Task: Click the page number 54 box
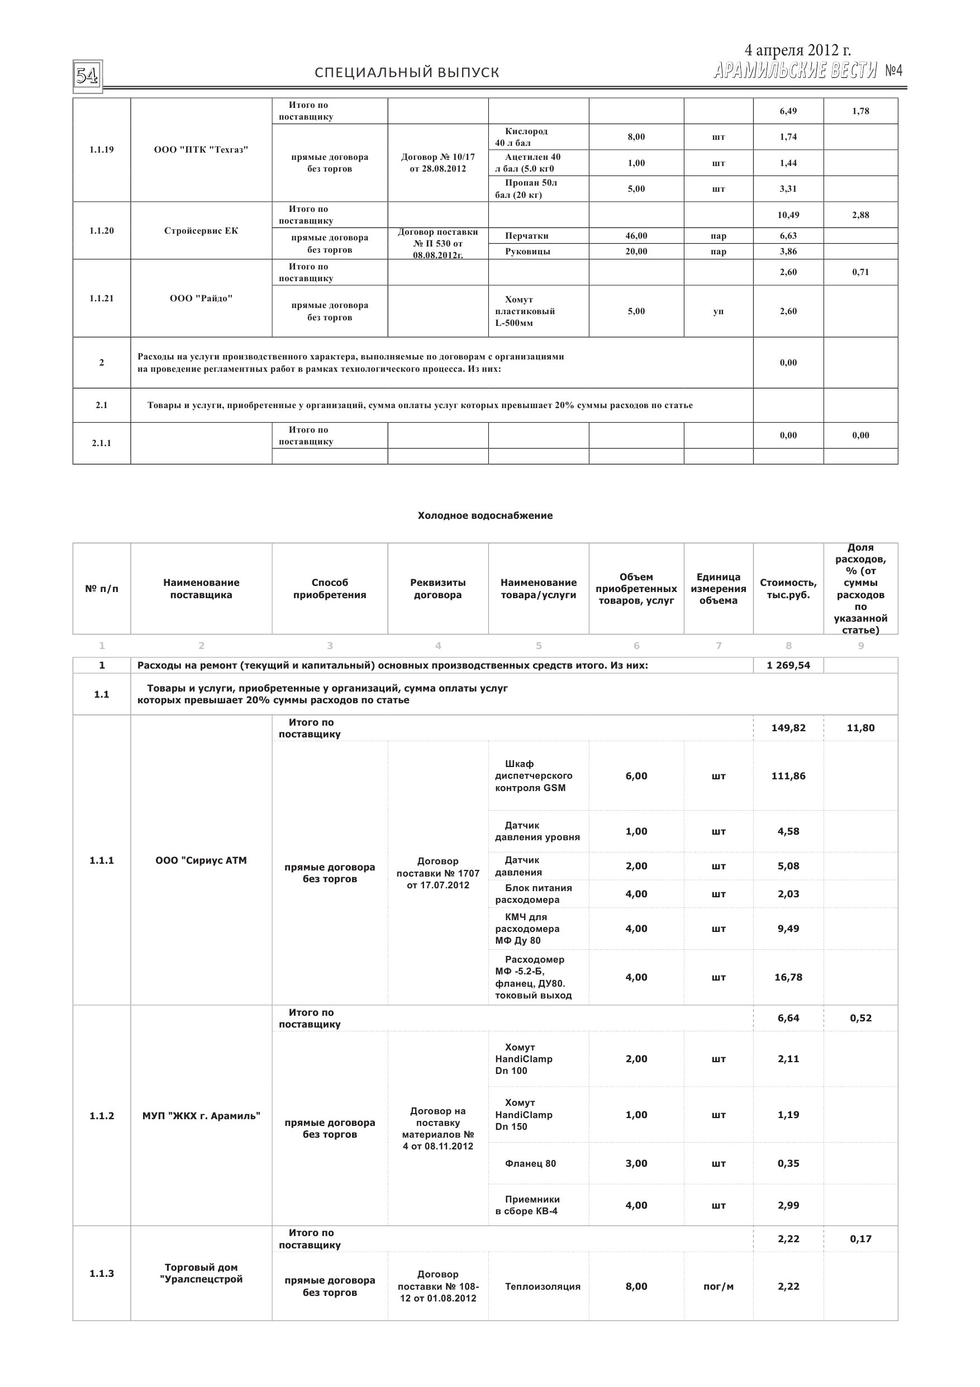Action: (88, 76)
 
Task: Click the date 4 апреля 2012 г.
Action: (797, 50)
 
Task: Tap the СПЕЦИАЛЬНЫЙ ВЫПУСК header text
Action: (407, 73)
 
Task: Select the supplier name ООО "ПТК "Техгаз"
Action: (201, 150)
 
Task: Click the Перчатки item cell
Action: (526, 235)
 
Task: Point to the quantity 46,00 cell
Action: (636, 235)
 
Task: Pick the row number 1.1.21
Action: (102, 299)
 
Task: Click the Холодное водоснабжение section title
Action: (485, 515)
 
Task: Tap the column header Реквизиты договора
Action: (438, 588)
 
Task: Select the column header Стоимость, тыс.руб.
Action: (788, 588)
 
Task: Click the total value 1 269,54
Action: (788, 665)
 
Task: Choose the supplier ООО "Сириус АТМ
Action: (201, 860)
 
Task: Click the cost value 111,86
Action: (788, 775)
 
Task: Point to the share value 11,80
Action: (860, 728)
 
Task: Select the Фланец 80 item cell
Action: (530, 1163)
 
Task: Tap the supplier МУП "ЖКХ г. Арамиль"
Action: (201, 1116)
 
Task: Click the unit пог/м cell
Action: (718, 1286)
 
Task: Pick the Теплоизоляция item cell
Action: (542, 1286)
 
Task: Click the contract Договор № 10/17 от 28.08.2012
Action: (438, 163)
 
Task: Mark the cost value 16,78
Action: (788, 977)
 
